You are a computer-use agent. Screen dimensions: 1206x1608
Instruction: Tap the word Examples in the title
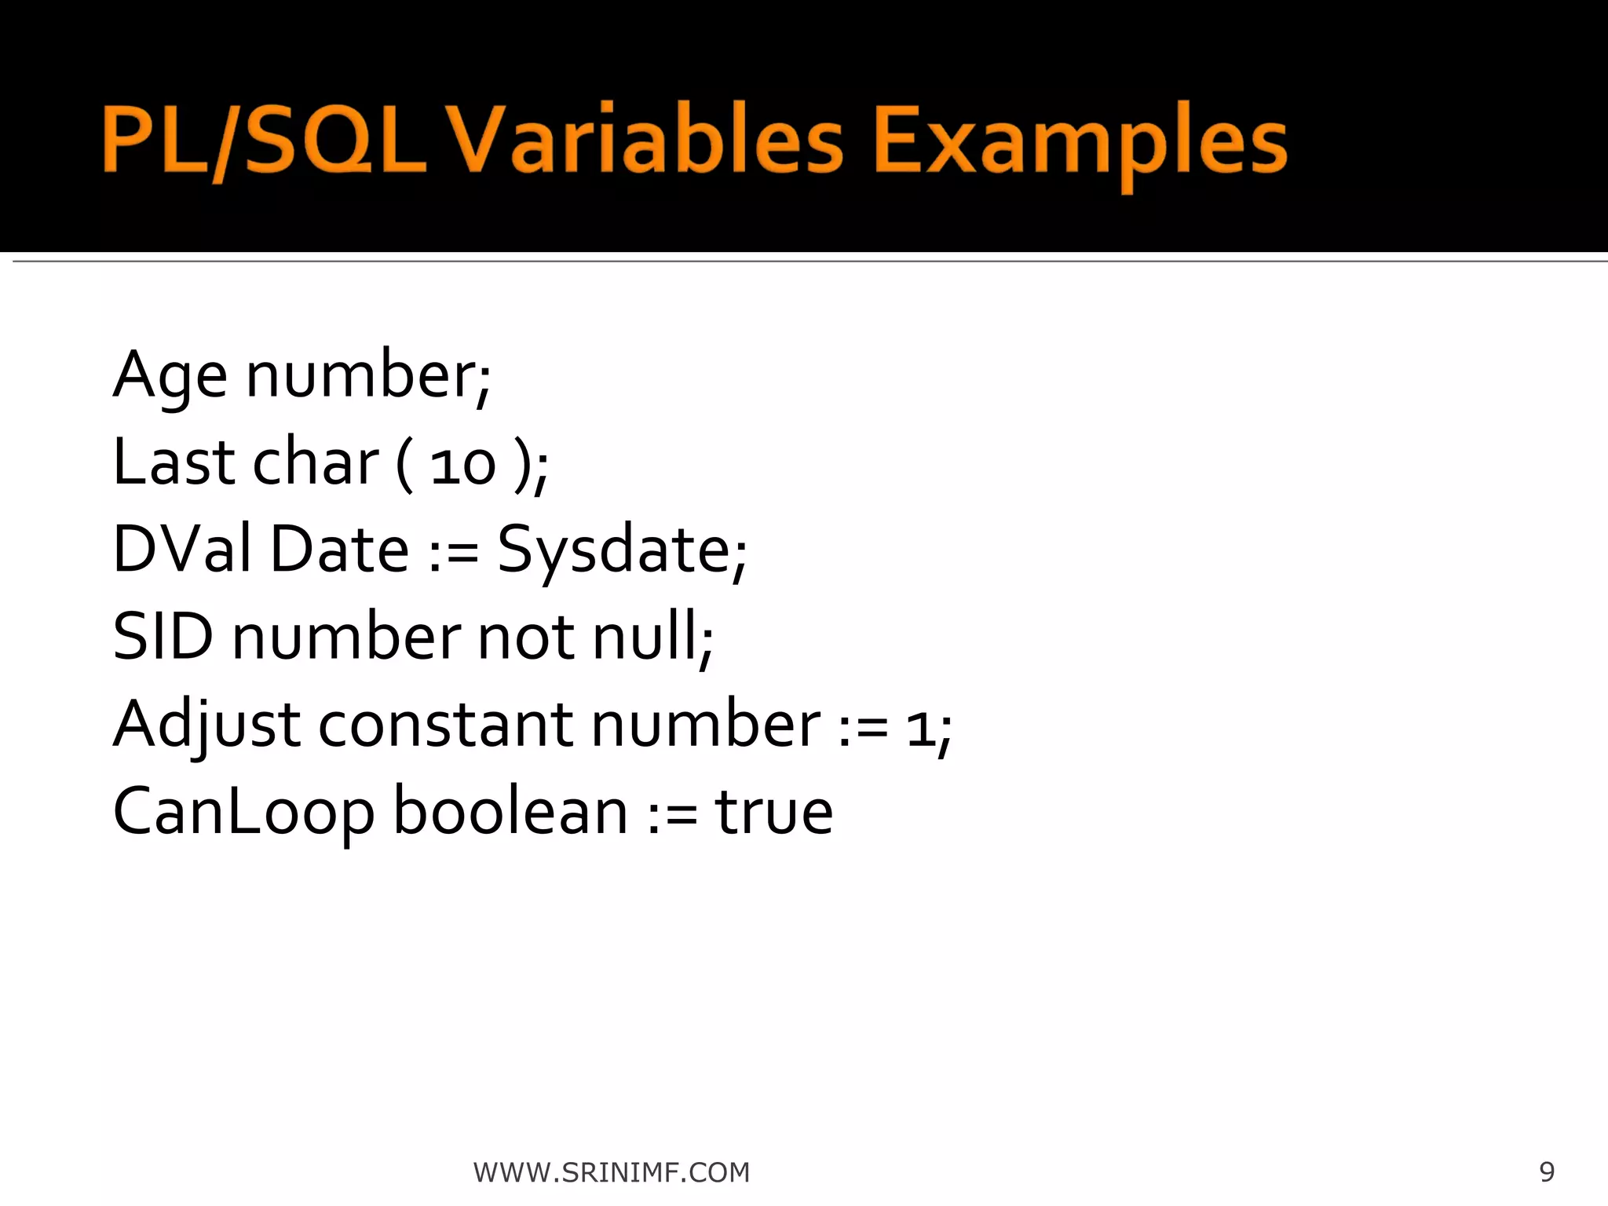pyautogui.click(x=1080, y=143)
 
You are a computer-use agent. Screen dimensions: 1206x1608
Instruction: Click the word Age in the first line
pyautogui.click(x=170, y=375)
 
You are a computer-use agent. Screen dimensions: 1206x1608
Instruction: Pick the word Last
pyautogui.click(x=174, y=462)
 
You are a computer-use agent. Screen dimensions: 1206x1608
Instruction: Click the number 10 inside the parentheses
pyautogui.click(x=463, y=465)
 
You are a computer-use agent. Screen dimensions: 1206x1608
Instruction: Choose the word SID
pyautogui.click(x=163, y=637)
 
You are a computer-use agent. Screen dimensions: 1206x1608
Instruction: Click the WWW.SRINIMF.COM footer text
pyautogui.click(x=612, y=1172)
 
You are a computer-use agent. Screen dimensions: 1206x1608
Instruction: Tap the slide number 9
pyautogui.click(x=1547, y=1171)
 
